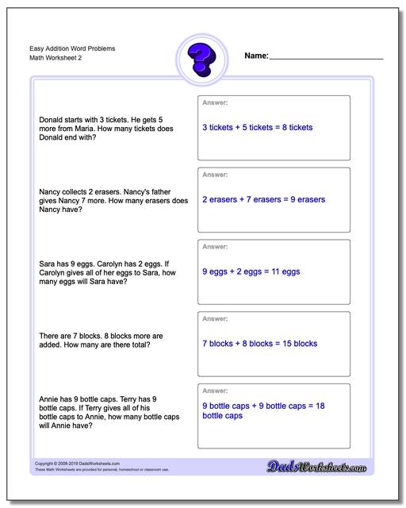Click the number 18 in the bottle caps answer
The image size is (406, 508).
point(320,406)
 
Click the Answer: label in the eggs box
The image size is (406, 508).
point(215,246)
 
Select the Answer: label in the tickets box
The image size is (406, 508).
point(215,102)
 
